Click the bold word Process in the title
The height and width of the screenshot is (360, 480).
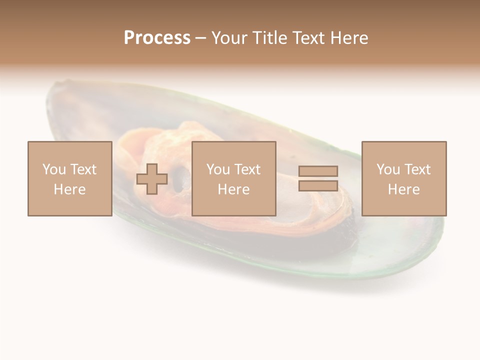tap(157, 37)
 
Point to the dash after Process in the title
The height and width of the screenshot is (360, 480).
tap(200, 38)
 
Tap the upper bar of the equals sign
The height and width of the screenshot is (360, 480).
tap(318, 171)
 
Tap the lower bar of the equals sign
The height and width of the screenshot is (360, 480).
tap(318, 185)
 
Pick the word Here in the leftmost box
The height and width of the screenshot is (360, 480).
tap(69, 189)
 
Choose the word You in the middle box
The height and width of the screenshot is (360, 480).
tap(218, 169)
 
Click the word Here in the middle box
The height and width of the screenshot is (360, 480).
tap(233, 189)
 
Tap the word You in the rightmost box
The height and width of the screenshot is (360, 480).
tap(388, 169)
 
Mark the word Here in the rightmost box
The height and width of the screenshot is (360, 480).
tap(403, 189)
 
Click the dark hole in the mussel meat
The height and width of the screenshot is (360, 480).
tap(181, 176)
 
